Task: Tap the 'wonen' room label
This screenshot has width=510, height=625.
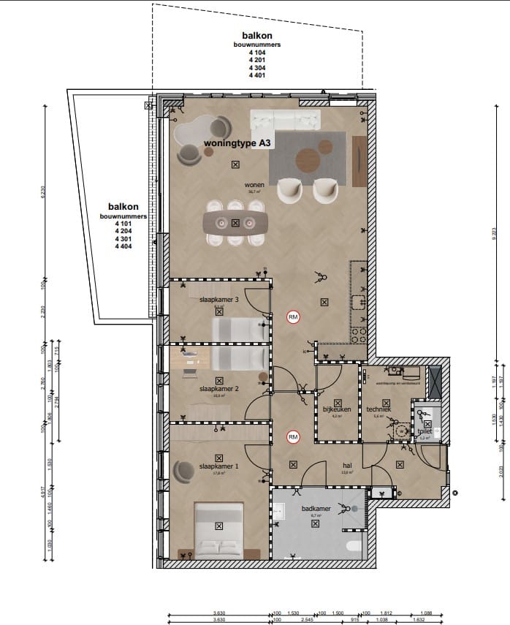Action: pyautogui.click(x=254, y=185)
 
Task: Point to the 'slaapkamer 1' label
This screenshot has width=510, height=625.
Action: pyautogui.click(x=218, y=466)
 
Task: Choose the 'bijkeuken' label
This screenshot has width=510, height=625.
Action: pyautogui.click(x=337, y=410)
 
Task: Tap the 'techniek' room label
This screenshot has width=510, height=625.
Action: pyautogui.click(x=378, y=410)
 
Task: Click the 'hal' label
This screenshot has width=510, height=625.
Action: pyautogui.click(x=349, y=464)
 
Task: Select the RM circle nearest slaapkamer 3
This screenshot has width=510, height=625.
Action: pyautogui.click(x=293, y=317)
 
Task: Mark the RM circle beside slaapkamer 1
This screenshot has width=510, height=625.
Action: pyautogui.click(x=293, y=438)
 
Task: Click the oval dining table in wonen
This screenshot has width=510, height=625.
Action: pyautogui.click(x=235, y=222)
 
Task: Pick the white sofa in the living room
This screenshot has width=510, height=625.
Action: pyautogui.click(x=285, y=120)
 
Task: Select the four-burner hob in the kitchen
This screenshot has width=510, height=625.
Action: pyautogui.click(x=359, y=335)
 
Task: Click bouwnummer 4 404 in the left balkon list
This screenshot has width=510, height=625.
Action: pyautogui.click(x=123, y=247)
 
